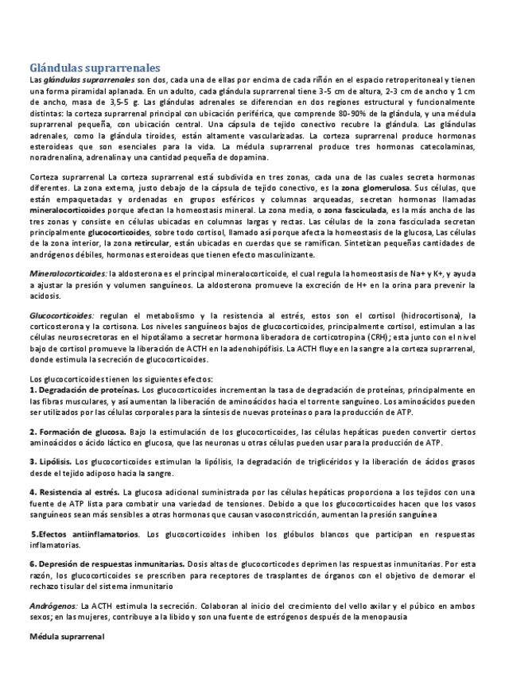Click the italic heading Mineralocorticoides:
(63, 273)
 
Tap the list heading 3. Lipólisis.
(51, 461)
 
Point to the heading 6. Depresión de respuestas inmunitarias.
(107, 564)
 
